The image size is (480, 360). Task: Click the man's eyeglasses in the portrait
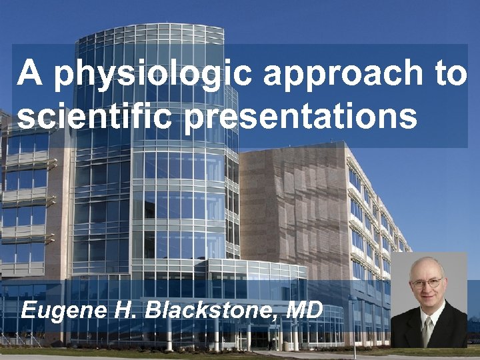coord(427,283)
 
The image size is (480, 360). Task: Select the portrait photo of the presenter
coord(428,300)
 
